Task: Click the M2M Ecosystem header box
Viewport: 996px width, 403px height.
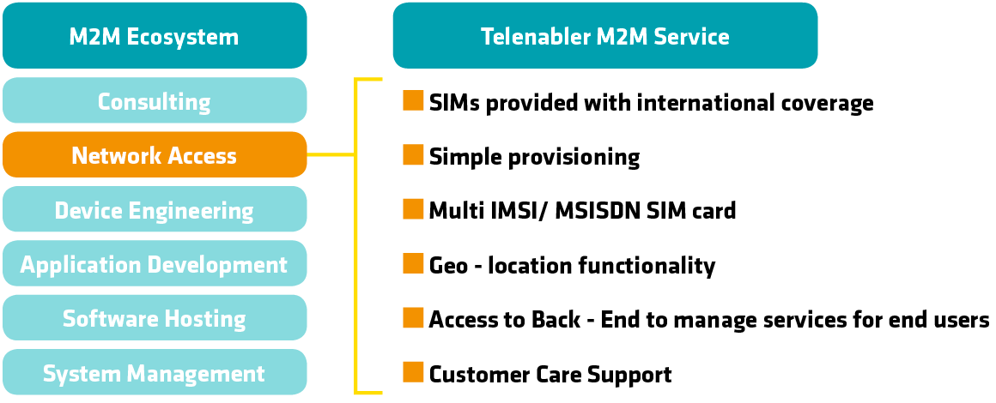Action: [x=155, y=36]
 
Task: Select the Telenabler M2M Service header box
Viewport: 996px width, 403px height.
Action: [x=604, y=36]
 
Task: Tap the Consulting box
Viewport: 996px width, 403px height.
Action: [x=155, y=101]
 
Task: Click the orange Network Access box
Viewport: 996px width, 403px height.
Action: [x=155, y=155]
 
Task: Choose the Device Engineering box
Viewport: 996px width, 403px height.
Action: [x=155, y=210]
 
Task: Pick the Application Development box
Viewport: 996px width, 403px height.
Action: [x=155, y=264]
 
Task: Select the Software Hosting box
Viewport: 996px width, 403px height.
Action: [x=155, y=319]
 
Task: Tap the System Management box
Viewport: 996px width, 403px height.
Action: [x=155, y=373]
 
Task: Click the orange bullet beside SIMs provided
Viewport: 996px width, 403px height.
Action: [x=413, y=100]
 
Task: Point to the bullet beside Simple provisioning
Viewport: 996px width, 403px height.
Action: [x=413, y=155]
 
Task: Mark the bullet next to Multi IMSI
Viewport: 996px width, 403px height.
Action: [x=413, y=209]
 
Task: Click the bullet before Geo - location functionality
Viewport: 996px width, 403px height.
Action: [x=413, y=264]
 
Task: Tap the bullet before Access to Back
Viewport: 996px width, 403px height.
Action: [x=413, y=318]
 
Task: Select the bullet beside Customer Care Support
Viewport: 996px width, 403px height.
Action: [x=413, y=372]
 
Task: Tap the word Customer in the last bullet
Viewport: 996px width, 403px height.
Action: [x=479, y=375]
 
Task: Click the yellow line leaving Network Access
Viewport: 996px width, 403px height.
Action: [x=331, y=155]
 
